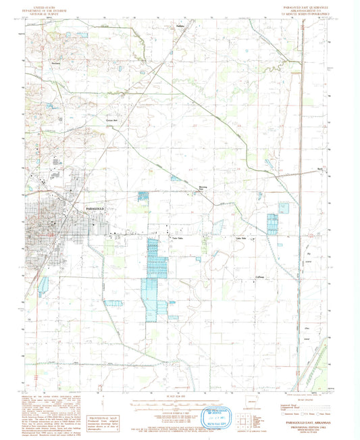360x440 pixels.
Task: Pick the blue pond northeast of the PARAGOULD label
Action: pyautogui.click(x=143, y=196)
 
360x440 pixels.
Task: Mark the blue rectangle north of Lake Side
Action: pyautogui.click(x=273, y=223)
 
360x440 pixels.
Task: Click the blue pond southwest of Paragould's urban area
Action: pyautogui.click(x=44, y=284)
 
